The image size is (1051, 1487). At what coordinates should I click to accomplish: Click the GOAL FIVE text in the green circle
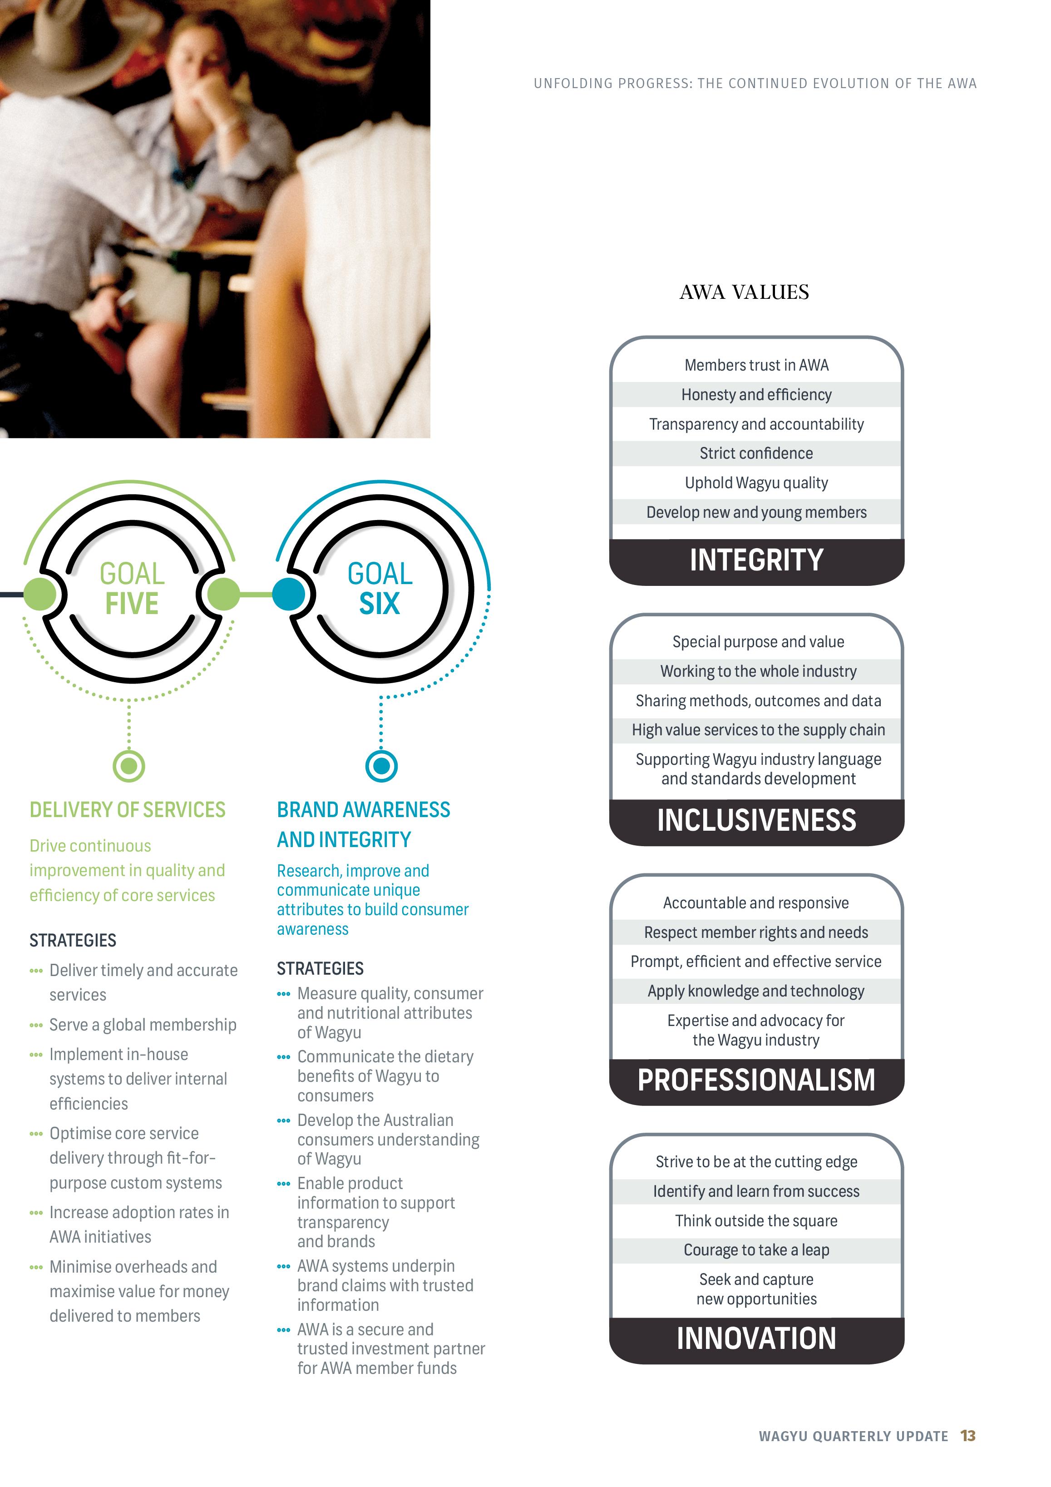132,589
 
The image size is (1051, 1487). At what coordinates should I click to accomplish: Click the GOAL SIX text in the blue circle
380,589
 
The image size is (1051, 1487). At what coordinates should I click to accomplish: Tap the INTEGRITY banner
756,560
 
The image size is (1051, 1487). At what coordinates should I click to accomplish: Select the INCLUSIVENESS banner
756,821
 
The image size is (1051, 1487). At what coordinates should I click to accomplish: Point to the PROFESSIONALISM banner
756,1080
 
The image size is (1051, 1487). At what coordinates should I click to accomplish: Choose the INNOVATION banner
756,1338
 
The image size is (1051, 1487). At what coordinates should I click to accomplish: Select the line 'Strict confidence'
756,453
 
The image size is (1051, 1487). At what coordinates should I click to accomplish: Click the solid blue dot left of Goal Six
289,594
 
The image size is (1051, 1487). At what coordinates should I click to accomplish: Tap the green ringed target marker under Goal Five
129,766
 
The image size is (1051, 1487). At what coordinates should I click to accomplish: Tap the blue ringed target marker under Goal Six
381,766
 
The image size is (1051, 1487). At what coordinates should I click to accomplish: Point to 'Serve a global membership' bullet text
143,1025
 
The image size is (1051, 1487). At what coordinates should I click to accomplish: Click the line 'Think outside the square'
756,1221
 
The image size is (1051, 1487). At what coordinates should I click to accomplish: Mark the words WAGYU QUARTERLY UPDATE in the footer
853,1437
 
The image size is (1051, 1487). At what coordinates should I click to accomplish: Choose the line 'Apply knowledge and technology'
756,991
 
